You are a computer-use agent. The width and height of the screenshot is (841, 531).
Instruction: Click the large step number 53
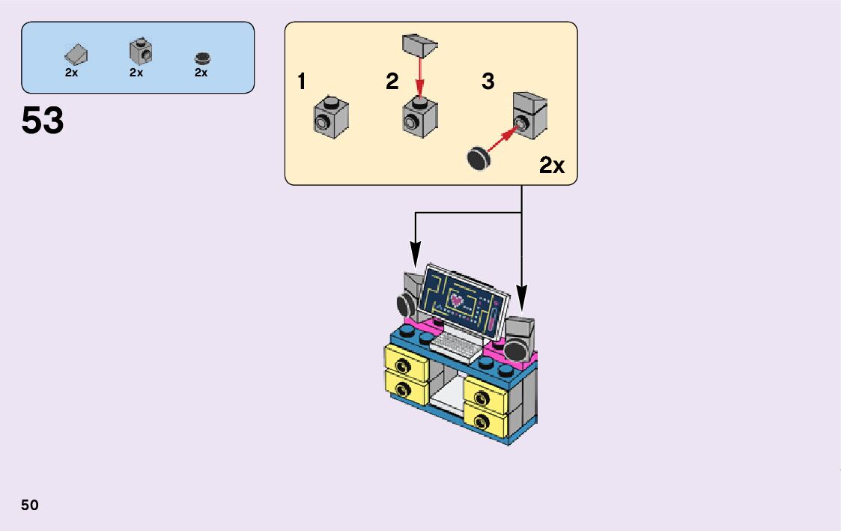pos(43,121)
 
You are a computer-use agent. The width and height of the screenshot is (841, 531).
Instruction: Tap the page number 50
pos(30,505)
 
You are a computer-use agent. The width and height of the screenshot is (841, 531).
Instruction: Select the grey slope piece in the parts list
pos(76,54)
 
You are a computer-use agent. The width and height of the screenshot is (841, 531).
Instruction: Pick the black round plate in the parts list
pos(201,58)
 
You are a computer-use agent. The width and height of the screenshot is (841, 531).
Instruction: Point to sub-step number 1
pos(302,82)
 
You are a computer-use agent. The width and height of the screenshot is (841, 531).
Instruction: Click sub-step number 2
pos(392,82)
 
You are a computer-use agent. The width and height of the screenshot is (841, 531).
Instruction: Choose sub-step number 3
pos(488,82)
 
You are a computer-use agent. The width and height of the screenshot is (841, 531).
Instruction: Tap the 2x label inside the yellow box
pos(552,166)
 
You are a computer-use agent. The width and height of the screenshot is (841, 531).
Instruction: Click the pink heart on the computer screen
pos(456,300)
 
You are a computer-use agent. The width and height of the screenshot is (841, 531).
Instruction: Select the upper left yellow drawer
pos(405,362)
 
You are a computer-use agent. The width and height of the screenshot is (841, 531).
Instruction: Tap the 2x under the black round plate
pos(201,73)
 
